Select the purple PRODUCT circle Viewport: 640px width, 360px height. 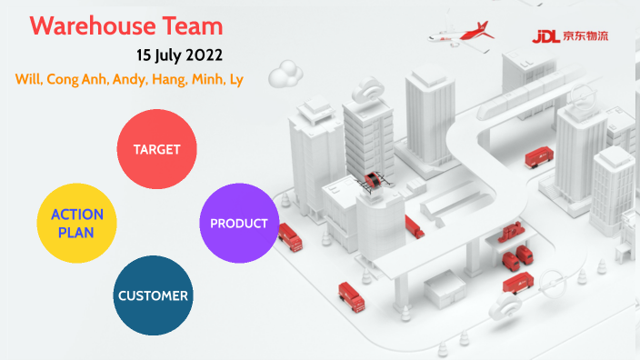coord(238,224)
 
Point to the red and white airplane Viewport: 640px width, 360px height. coord(466,35)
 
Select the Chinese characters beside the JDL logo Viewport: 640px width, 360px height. coord(587,37)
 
